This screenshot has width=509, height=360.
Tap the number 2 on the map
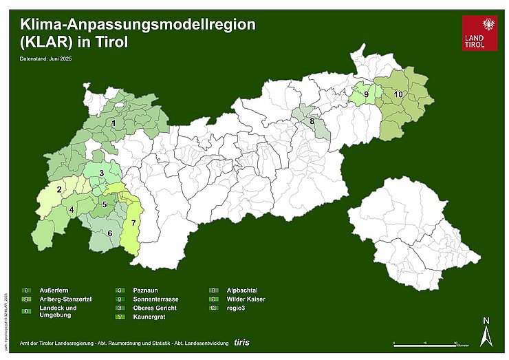point(60,189)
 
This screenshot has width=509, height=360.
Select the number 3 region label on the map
point(101,173)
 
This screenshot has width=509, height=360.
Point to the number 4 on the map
point(72,210)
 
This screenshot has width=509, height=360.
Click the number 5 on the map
point(104,204)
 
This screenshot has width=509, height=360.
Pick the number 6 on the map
point(109,233)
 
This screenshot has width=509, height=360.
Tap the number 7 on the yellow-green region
point(133,224)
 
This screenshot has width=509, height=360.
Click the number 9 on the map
point(366,94)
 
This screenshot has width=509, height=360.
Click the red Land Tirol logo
point(479,33)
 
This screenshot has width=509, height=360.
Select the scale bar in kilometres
point(426,343)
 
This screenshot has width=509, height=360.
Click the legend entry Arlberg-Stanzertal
point(66,299)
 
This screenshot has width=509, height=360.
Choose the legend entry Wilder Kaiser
point(246,299)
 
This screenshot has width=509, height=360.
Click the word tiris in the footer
point(241,341)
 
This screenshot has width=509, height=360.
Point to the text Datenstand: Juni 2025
point(46,59)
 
